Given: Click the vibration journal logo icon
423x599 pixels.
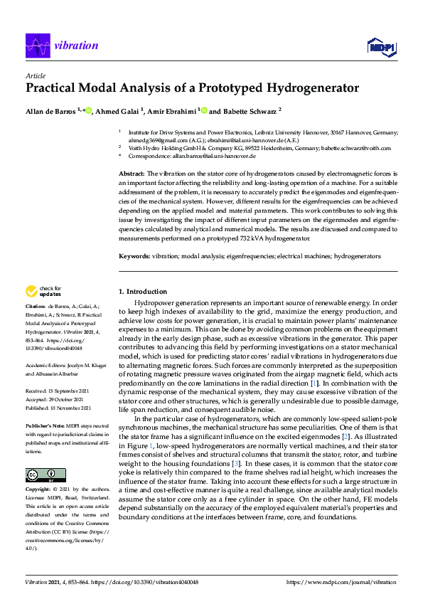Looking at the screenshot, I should (36, 46).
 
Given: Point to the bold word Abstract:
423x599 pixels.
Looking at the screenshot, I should (132, 174).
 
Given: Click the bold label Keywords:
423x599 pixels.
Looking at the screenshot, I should (134, 255).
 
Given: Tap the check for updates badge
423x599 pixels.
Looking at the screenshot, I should (42, 290).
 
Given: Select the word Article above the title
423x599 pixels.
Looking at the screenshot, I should (35, 75).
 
